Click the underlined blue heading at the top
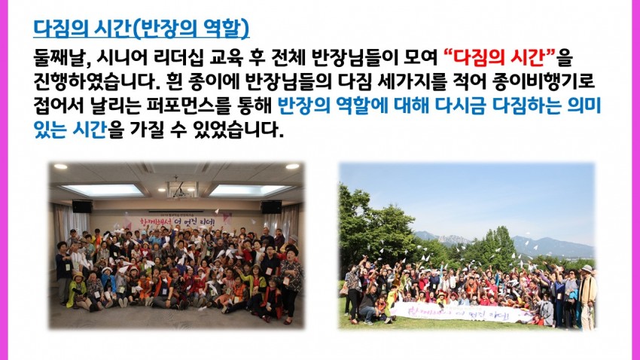[142, 29]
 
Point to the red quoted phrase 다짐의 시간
[500, 58]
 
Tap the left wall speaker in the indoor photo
[82, 206]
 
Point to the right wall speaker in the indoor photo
[271, 207]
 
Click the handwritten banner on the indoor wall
[178, 222]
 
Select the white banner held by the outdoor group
[456, 313]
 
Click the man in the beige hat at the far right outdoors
[588, 295]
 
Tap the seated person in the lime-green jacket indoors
[78, 291]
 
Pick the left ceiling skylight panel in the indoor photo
[103, 190]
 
